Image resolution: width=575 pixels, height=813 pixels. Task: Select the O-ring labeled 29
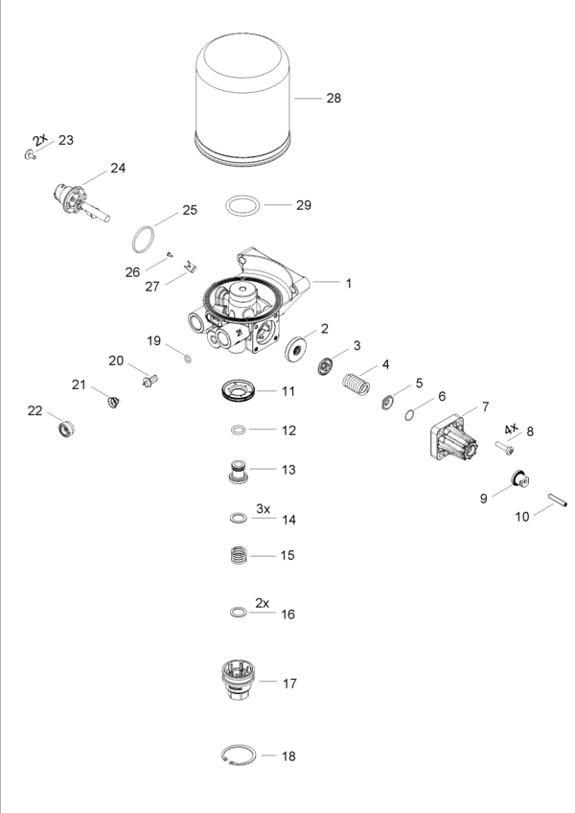click(243, 205)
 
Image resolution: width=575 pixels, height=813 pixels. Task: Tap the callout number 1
click(349, 284)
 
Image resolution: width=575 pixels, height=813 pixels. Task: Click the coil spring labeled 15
click(237, 555)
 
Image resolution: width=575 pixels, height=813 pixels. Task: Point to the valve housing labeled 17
click(237, 684)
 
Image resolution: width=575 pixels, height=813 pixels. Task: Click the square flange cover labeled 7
click(454, 441)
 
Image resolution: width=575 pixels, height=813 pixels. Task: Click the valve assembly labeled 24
click(79, 200)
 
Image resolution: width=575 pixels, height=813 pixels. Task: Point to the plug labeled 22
click(65, 428)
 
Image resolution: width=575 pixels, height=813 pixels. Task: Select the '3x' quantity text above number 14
click(264, 508)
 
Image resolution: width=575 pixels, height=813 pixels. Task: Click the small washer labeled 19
click(188, 359)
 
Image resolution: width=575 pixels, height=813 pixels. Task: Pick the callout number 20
click(116, 360)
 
